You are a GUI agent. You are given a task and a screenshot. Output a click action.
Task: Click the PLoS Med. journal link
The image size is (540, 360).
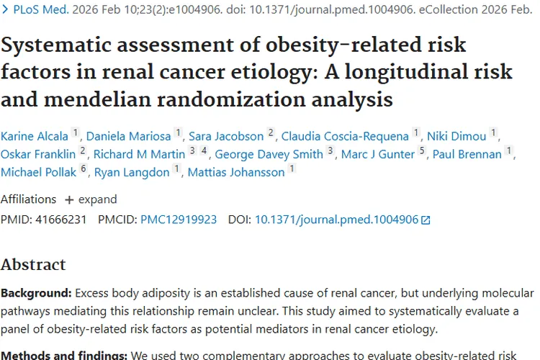(40, 11)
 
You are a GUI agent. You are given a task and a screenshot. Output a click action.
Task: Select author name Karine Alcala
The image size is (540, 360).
(35, 136)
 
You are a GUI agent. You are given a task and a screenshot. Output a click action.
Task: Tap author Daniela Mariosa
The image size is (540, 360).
(129, 136)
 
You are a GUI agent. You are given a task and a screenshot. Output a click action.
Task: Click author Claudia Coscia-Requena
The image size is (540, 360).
(345, 136)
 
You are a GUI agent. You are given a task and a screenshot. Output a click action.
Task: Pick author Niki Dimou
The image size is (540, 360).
(456, 136)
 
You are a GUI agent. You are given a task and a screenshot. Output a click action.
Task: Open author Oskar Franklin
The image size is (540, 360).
(38, 154)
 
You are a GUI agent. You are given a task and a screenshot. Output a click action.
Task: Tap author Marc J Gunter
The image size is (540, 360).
(378, 154)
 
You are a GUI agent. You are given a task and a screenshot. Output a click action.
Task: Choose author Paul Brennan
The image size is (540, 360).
(467, 154)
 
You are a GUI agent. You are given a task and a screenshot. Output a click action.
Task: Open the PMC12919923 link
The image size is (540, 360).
(179, 220)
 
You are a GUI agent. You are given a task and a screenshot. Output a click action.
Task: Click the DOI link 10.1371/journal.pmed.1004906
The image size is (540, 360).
(336, 220)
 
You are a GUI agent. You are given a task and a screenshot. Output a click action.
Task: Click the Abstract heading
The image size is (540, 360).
(33, 264)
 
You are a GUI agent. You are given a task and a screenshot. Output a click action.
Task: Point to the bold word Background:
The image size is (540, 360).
(35, 294)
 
